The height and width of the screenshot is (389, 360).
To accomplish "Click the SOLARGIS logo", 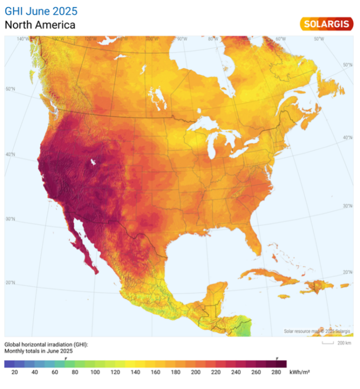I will click(326, 23).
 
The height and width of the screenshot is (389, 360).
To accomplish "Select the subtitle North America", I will click(40, 24).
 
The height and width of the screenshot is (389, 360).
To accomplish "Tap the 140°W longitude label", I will click(23, 39).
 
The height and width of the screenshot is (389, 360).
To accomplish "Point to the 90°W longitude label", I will click(182, 39).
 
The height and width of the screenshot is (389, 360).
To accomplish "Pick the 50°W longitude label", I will click(318, 39).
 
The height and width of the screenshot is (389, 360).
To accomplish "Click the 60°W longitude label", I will click(280, 39).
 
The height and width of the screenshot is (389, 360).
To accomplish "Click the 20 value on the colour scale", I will click(14, 372).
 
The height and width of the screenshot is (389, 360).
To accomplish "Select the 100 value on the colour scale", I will click(95, 372).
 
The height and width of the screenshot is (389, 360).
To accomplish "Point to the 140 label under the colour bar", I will click(135, 372).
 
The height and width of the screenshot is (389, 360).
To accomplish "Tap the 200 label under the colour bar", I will click(195, 372).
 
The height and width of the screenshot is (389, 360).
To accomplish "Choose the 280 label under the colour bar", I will click(276, 372).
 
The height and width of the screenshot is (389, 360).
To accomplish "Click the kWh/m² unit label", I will click(299, 372).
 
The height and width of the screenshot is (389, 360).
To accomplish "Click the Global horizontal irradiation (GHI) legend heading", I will click(46, 344).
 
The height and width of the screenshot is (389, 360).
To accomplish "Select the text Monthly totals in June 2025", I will click(39, 351).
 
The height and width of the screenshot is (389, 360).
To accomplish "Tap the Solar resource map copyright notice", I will click(317, 331).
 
